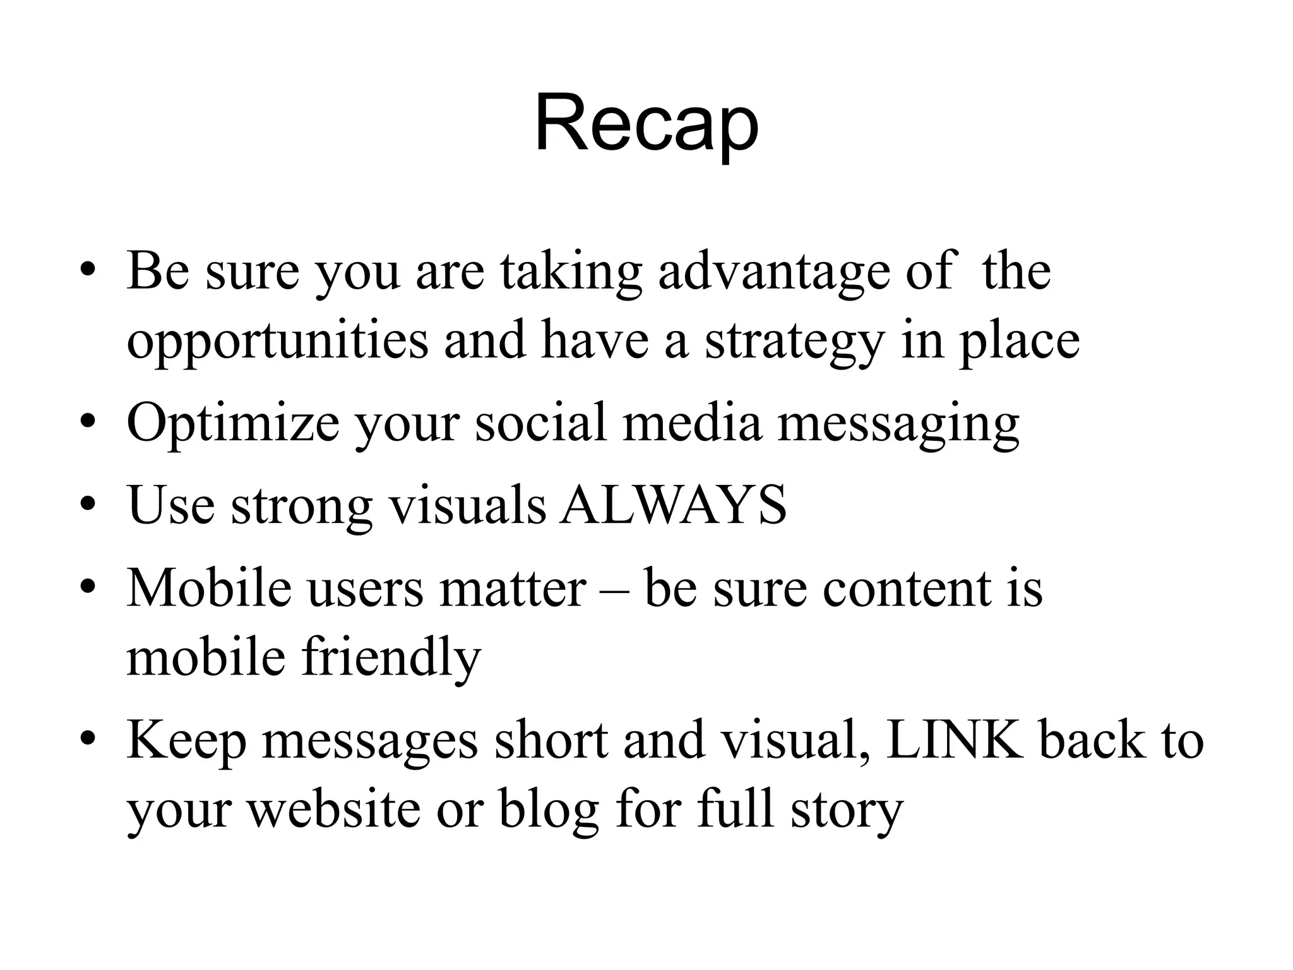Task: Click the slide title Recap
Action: (x=646, y=124)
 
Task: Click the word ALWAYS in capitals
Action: (x=674, y=505)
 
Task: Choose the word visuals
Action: (x=467, y=505)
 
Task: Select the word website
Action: (x=333, y=810)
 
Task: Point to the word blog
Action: (x=548, y=810)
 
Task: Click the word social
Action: (x=540, y=423)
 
